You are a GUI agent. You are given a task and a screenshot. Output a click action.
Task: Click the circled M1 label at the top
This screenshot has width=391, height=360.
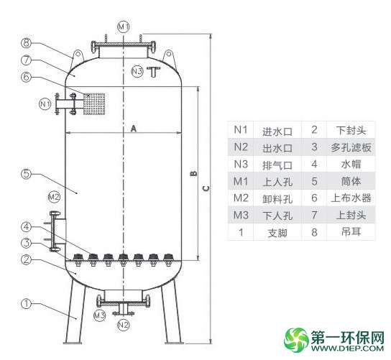(124, 26)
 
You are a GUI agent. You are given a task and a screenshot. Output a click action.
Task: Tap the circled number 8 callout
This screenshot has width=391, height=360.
(27, 43)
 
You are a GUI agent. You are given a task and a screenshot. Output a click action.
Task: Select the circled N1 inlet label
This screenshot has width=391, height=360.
(45, 103)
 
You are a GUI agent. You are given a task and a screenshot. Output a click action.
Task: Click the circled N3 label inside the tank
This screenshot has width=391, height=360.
(137, 71)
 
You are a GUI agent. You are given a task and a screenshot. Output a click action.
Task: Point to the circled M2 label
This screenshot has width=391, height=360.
(54, 197)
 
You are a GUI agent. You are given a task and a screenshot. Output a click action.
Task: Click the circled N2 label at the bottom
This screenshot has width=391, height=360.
(124, 325)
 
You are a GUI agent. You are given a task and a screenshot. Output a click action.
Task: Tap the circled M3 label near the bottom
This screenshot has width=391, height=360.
(99, 315)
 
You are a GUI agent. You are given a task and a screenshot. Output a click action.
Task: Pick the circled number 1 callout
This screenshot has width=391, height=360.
(27, 303)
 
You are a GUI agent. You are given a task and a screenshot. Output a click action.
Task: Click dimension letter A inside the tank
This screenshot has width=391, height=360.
(134, 129)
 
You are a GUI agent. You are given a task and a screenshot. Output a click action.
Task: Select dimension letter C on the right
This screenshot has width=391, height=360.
(206, 188)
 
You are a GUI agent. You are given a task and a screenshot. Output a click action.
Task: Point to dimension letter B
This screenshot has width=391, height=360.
(194, 174)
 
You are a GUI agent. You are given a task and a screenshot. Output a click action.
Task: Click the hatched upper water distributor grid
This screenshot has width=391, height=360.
(94, 104)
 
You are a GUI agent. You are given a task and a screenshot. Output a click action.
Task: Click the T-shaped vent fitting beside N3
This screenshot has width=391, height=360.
(153, 72)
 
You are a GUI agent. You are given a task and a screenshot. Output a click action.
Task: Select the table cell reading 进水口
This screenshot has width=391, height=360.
(277, 131)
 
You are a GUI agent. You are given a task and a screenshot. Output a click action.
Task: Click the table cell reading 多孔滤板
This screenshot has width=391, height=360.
(351, 148)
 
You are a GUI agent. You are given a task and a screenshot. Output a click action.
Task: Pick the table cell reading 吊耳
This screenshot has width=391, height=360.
(351, 232)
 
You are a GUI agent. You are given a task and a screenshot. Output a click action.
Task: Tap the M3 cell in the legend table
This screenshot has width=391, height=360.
(241, 215)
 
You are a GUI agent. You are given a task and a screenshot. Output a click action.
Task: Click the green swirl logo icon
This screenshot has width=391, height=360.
(297, 340)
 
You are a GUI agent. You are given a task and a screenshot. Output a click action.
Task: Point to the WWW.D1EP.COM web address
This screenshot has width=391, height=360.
(347, 348)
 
